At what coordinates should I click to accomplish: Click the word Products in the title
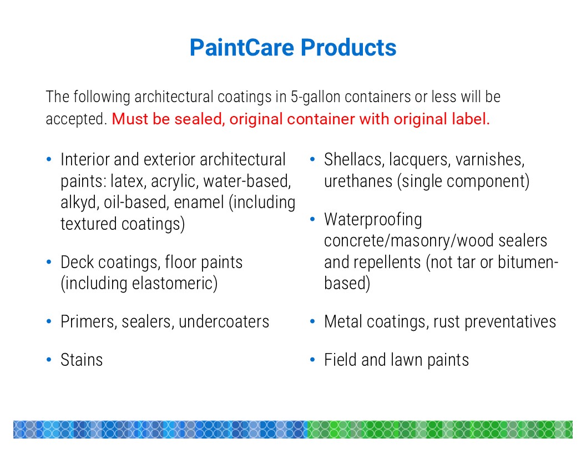pyautogui.click(x=348, y=48)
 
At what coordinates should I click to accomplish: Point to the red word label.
pyautogui.click(x=471, y=119)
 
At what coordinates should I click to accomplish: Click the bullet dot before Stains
pyautogui.click(x=49, y=360)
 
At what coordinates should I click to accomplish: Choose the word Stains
pyautogui.click(x=82, y=360)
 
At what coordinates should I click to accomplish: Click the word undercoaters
pyautogui.click(x=224, y=322)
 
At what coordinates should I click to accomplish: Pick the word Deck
pyautogui.click(x=77, y=262)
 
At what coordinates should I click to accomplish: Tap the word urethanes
pyautogui.click(x=358, y=182)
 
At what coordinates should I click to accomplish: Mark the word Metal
pyautogui.click(x=343, y=322)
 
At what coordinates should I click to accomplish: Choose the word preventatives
pyautogui.click(x=510, y=322)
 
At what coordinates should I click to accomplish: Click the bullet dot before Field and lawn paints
pyautogui.click(x=312, y=360)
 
